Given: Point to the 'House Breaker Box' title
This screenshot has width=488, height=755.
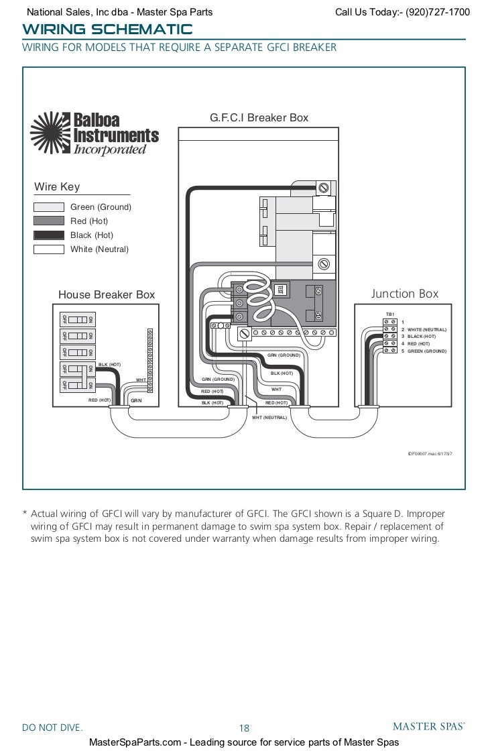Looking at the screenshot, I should click(107, 294).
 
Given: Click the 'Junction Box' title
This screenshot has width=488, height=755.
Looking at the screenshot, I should click(405, 294).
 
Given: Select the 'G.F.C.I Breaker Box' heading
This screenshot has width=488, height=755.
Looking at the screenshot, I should click(259, 117).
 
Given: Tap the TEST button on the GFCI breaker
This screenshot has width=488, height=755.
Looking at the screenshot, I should click(282, 289).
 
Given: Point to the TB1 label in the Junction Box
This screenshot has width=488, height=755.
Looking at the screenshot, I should click(390, 314).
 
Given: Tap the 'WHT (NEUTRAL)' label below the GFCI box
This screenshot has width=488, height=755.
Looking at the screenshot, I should click(269, 417).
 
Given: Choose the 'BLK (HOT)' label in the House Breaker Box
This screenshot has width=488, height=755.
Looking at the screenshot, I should click(109, 364).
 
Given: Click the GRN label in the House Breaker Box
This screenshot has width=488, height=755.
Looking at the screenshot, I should click(136, 400).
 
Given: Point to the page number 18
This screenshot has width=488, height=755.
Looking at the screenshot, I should click(244, 728).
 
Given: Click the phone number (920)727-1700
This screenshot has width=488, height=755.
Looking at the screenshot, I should click(435, 12).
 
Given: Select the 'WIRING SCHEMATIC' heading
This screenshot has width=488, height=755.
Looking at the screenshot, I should click(107, 30).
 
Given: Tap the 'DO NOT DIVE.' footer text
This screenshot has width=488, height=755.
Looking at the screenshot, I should click(53, 728).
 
